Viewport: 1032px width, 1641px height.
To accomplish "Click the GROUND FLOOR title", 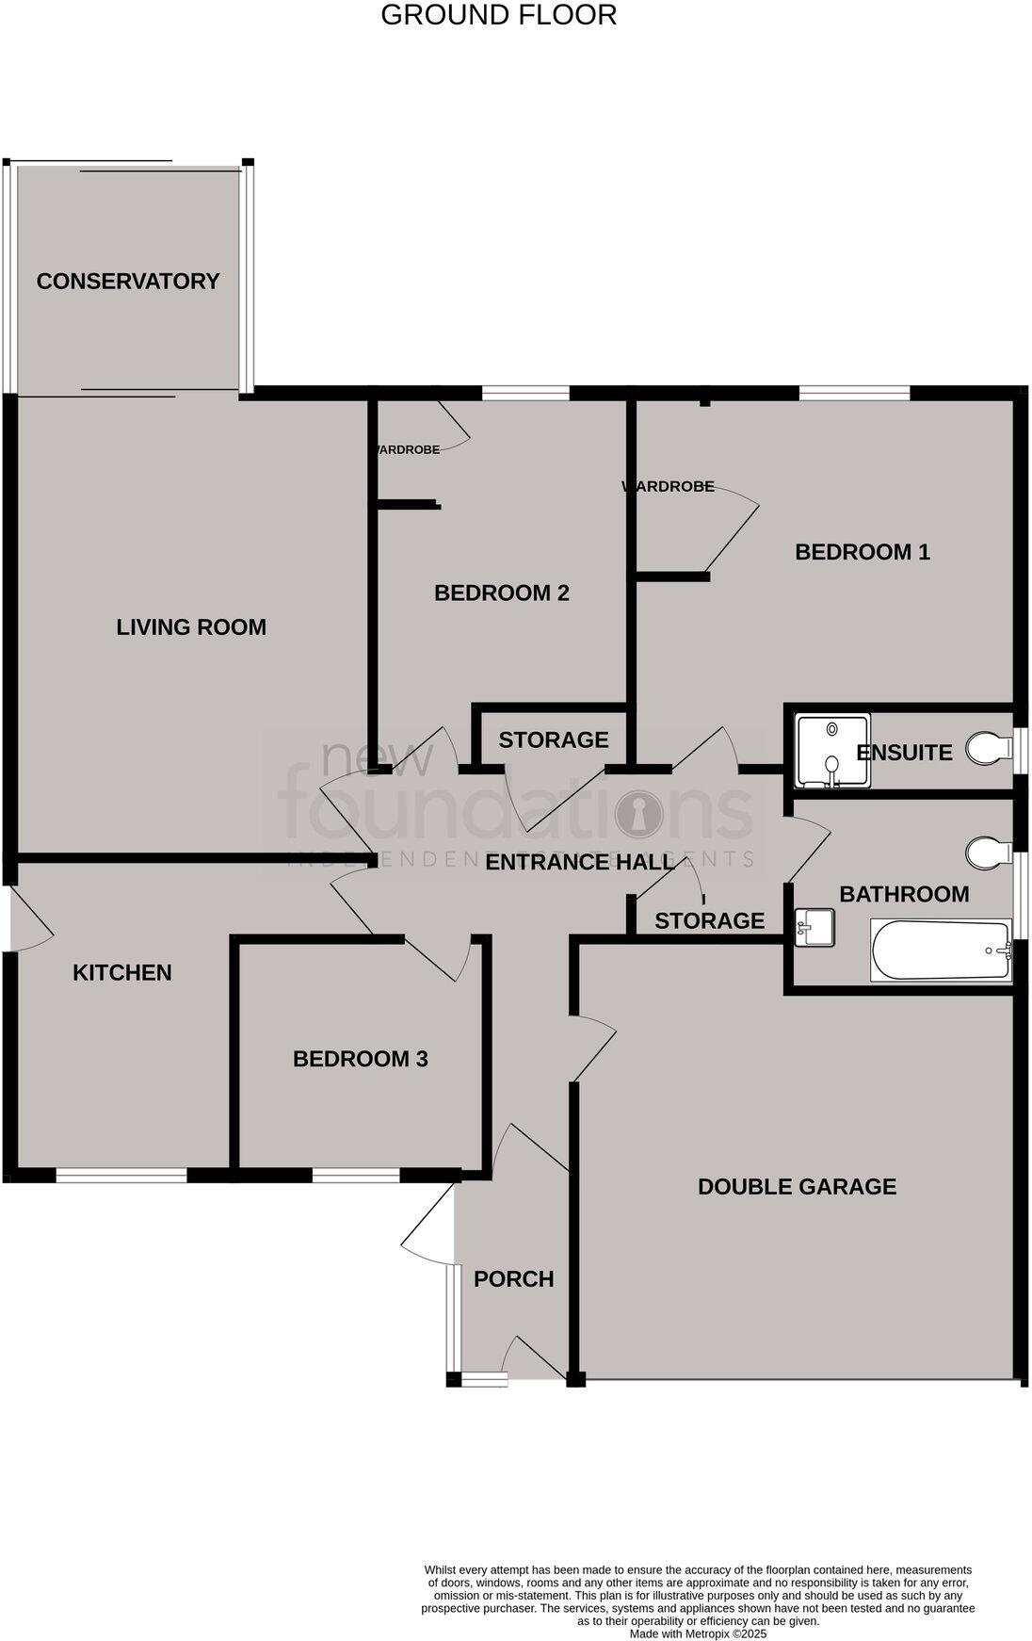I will pos(498,15).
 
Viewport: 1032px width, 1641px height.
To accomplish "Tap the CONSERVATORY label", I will pos(128,281).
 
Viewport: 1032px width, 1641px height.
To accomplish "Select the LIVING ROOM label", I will pos(191,627).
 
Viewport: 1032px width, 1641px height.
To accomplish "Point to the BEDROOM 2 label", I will pos(502,593).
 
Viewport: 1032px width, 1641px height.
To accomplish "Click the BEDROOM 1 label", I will pos(863,552).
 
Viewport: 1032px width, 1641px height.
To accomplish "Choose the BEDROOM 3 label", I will pos(361,1059).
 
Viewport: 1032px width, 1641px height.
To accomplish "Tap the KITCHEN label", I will pos(122,972).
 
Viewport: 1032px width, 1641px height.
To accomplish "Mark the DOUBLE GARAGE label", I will pos(797,1187).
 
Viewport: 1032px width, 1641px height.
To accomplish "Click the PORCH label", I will pos(513,1279).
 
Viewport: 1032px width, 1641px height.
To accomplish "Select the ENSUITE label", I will pos(904,753).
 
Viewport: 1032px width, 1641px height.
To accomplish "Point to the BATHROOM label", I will pos(904,894).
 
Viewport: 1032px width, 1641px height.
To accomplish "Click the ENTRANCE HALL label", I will pos(580,862).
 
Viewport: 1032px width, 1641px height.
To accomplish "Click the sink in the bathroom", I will pos(814,927).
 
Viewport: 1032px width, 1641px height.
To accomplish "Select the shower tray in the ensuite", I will pos(832,752).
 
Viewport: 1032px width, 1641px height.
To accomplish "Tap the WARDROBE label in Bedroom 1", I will pos(669,487).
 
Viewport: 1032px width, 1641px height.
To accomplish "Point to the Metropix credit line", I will pos(698,1634).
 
